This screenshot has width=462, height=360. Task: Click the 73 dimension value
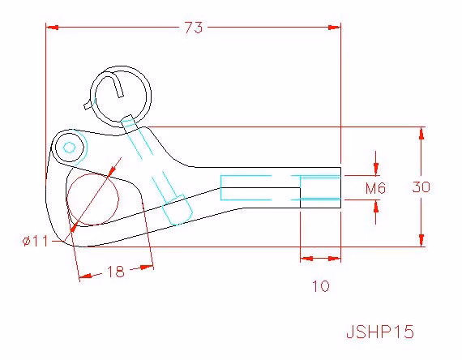point(194,28)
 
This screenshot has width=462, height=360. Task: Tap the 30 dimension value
point(421,187)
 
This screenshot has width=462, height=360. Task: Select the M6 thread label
point(375,188)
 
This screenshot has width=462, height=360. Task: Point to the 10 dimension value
point(321,286)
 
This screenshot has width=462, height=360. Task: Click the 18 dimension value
point(116,272)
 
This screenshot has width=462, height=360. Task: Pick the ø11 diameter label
point(35,242)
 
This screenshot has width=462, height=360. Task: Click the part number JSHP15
point(380,332)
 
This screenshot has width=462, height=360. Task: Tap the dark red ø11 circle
point(118,198)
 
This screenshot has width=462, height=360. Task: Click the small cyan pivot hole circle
point(69,148)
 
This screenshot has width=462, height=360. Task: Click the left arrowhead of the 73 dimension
point(52,28)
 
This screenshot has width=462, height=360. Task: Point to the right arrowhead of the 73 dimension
point(335,28)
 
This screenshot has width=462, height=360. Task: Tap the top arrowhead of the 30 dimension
point(421,133)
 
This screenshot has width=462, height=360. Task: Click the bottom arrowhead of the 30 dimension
point(421,240)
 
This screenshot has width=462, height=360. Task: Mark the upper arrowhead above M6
point(376,169)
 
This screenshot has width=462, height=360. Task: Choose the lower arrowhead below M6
point(376,206)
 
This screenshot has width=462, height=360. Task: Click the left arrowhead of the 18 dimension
point(85,276)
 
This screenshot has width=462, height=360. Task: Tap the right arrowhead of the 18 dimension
point(147,268)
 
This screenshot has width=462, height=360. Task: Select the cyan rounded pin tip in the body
point(178,210)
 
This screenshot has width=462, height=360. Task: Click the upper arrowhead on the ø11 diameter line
point(112,172)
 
